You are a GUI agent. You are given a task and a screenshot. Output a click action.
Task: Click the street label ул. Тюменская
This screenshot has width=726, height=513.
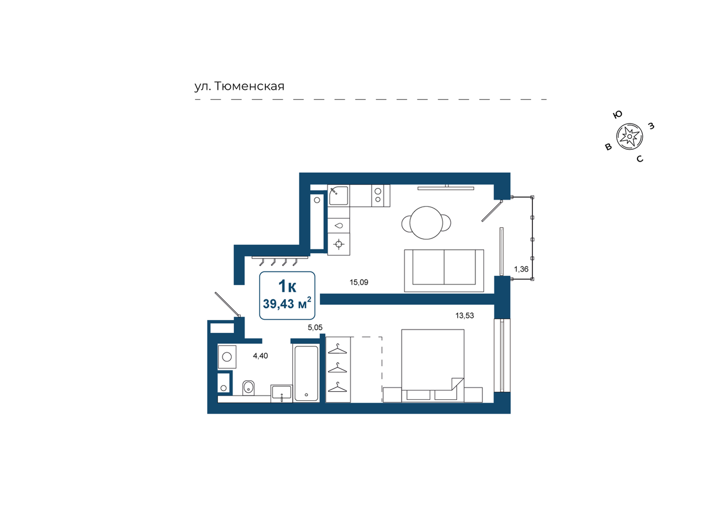pos(239,87)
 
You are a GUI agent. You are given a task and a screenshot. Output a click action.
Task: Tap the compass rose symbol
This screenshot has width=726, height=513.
pos(629,136)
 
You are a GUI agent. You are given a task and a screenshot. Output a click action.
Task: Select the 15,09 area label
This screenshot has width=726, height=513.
pos(359,282)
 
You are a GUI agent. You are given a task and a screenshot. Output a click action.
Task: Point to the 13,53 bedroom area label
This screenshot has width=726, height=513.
pos(464,315)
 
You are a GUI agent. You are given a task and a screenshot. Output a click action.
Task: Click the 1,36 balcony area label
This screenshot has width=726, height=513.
pos(521,269)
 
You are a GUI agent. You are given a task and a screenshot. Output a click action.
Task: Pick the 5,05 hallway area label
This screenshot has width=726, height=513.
pos(315,328)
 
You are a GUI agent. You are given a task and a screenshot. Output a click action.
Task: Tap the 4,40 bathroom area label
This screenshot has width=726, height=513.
pos(260,356)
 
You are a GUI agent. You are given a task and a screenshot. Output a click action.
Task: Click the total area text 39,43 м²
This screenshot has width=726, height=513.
pos(287,303)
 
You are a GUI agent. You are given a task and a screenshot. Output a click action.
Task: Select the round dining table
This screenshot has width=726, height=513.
pos(426,223)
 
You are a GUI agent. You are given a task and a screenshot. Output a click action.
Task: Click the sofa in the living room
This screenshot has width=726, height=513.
pos(444,271)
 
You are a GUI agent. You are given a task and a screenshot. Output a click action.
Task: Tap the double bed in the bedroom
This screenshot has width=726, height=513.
pos(432,366)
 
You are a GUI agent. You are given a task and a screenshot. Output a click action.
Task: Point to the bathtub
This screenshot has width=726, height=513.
pos(306,373)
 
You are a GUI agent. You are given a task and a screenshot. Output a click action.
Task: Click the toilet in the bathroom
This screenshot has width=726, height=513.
pos(248,387)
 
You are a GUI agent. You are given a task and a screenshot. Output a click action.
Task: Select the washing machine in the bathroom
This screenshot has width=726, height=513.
pos(227,357)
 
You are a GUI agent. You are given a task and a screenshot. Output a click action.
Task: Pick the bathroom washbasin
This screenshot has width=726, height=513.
pos(282,394)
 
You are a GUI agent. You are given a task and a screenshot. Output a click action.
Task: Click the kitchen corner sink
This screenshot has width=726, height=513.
pos(338,195)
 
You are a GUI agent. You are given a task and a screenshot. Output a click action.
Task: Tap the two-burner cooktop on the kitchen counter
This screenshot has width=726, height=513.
pos(378,195)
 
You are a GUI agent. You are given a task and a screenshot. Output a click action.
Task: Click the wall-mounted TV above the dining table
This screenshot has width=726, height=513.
pos(446,188)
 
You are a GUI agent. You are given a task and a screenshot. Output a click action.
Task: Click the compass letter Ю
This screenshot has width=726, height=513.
pos(618,114)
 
